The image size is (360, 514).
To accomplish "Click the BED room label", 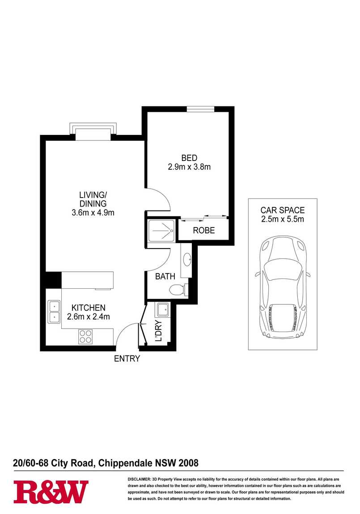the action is pyautogui.click(x=189, y=158).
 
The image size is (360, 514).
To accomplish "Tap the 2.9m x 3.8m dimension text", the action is pyautogui.click(x=189, y=167).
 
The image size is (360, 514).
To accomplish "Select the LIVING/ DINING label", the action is pyautogui.click(x=93, y=199).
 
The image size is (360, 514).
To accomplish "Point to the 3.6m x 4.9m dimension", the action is pyautogui.click(x=93, y=212).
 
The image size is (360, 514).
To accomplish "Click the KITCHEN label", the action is pyautogui.click(x=89, y=308).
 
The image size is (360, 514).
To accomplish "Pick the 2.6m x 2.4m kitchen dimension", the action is pyautogui.click(x=89, y=316).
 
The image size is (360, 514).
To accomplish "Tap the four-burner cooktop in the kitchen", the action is pyautogui.click(x=85, y=337).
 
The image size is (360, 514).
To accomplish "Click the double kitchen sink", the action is pyautogui.click(x=54, y=312).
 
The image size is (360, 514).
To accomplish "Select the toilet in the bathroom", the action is pyautogui.click(x=178, y=290).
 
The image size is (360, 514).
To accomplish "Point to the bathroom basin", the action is pyautogui.click(x=187, y=261).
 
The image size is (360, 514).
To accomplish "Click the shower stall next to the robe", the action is pyautogui.click(x=162, y=231).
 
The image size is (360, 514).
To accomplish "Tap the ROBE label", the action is pyautogui.click(x=203, y=231).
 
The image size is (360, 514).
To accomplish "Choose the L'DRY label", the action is pyautogui.click(x=159, y=331).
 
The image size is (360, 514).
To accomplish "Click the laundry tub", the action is pyautogui.click(x=163, y=309).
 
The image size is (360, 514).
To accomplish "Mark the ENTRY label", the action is pyautogui.click(x=127, y=358).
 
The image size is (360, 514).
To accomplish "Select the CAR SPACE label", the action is pyautogui.click(x=282, y=210).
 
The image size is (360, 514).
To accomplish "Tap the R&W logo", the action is pyautogui.click(x=51, y=492).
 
